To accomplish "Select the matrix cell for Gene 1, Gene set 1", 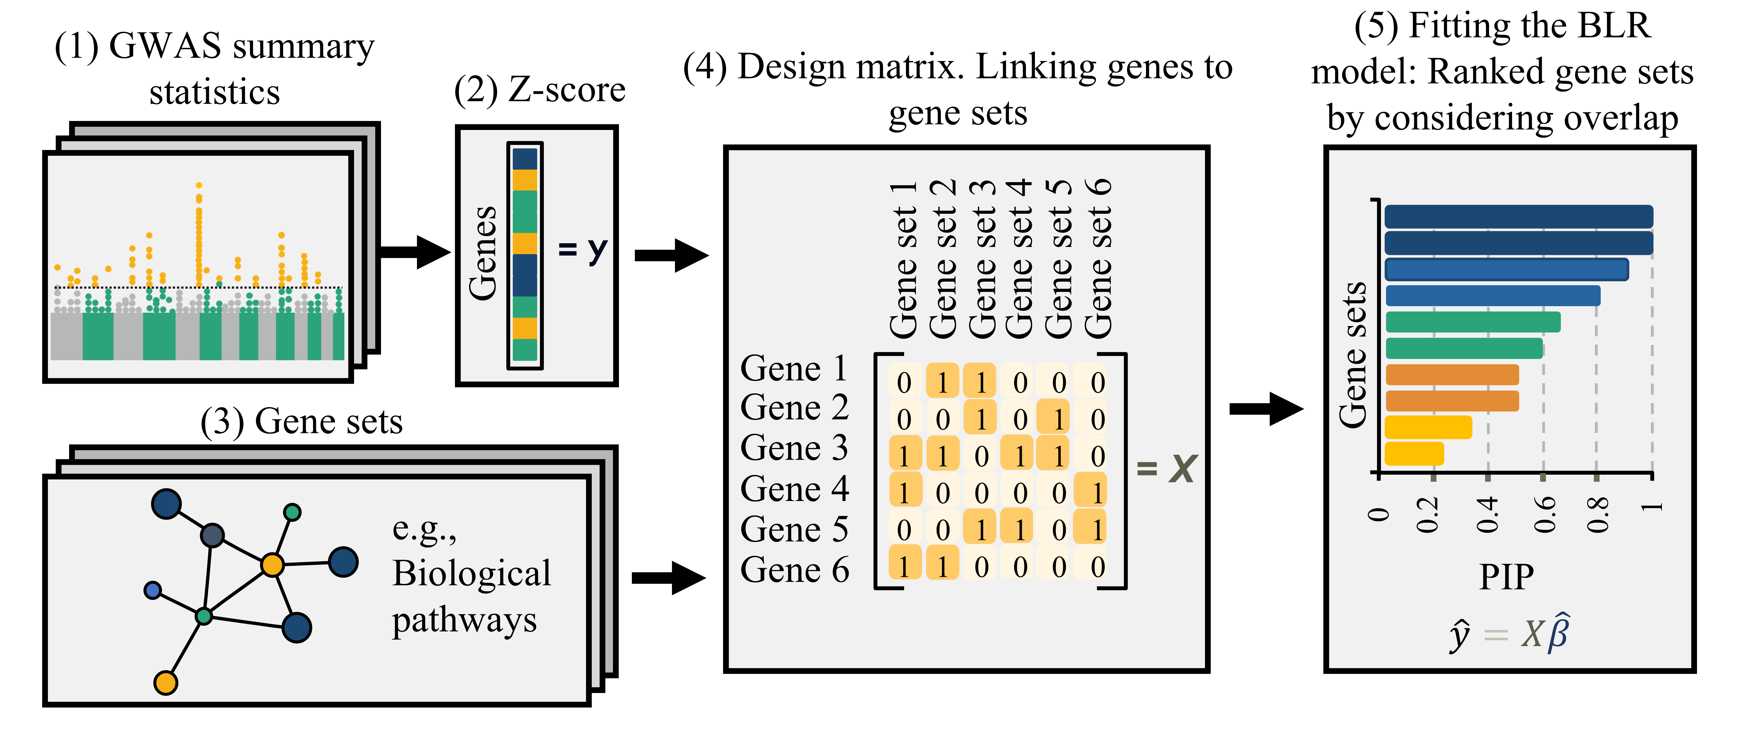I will (904, 382).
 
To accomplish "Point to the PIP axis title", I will (1507, 577).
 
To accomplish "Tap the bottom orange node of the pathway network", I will (166, 682).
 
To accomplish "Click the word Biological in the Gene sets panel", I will (472, 574).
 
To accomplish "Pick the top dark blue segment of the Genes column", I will (525, 159).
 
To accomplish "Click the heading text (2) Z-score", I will (539, 90).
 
